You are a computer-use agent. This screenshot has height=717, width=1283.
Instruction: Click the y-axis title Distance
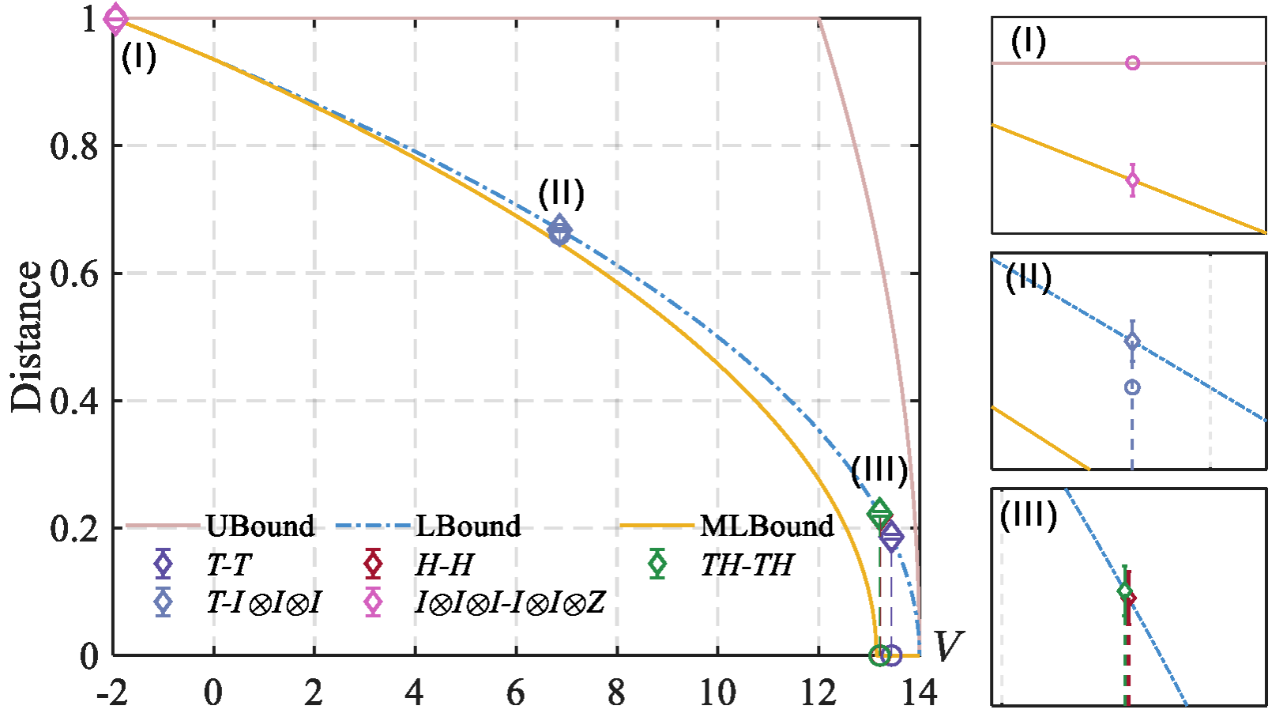click(27, 336)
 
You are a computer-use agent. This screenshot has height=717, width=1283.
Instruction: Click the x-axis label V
click(948, 646)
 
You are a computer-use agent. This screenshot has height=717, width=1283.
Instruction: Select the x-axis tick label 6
click(516, 692)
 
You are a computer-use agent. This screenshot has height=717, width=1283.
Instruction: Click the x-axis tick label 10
click(717, 692)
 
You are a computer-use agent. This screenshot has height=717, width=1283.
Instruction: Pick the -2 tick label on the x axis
click(111, 692)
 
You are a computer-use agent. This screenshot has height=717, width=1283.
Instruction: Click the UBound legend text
click(260, 526)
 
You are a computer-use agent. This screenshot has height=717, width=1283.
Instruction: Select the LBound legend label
click(468, 526)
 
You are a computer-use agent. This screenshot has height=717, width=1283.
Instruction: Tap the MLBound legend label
click(767, 526)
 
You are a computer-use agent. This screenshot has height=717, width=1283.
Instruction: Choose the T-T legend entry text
click(228, 564)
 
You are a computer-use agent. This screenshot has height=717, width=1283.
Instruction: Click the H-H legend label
click(444, 564)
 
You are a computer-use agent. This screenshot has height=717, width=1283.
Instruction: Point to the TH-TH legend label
click(747, 564)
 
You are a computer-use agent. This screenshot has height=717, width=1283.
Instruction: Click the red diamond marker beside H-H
click(372, 564)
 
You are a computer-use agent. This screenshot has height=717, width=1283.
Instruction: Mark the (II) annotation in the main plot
click(561, 194)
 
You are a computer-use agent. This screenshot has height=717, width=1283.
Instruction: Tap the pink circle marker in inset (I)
click(1132, 63)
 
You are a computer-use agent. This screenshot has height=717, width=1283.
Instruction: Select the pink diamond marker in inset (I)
click(1132, 180)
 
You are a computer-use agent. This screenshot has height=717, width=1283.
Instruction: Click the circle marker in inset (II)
click(1132, 387)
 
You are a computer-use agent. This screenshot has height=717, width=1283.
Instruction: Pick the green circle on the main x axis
click(879, 655)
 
